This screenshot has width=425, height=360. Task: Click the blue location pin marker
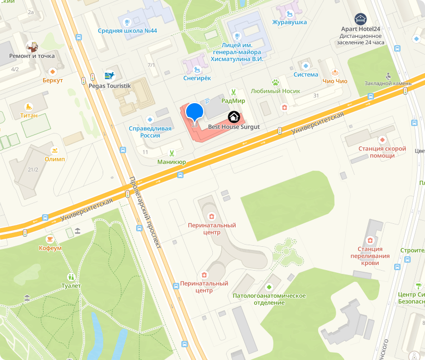(x=195, y=112)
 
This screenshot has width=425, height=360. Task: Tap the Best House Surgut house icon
(x=234, y=116)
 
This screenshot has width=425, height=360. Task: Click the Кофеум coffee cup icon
(x=50, y=238)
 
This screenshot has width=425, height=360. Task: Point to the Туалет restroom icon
(x=71, y=277)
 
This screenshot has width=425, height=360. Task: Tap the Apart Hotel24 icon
(x=361, y=19)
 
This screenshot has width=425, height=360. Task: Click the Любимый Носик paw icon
(x=276, y=82)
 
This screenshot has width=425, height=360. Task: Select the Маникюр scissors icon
(x=172, y=153)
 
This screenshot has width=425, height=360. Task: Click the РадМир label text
(x=233, y=100)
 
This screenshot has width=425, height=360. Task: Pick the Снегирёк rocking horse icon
(x=197, y=69)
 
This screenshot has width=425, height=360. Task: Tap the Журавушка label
(x=290, y=22)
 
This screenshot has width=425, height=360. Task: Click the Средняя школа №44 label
(x=127, y=30)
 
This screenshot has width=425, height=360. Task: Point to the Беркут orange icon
(x=53, y=71)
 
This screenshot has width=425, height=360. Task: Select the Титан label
(x=29, y=115)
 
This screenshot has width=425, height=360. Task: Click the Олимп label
(x=55, y=160)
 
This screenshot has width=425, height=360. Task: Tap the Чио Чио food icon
(x=335, y=73)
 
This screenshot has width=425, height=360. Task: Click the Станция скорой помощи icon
(x=382, y=140)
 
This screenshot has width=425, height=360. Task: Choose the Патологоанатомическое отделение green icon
(x=269, y=287)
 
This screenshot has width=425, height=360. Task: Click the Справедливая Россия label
(x=151, y=132)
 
